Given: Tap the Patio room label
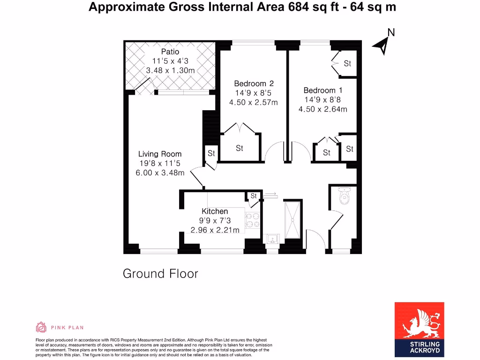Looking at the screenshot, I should click(x=170, y=52).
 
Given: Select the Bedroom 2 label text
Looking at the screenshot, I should click(x=254, y=83).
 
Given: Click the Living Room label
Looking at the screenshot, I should click(x=160, y=154).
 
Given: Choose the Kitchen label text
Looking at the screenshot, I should click(x=215, y=211).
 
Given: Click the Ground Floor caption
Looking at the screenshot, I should click(x=160, y=273).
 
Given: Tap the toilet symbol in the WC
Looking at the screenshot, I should click(x=345, y=197).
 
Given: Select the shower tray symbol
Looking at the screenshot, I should click(x=292, y=218).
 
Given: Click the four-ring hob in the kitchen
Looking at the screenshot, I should click(x=254, y=220).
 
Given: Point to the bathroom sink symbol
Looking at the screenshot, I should click(x=272, y=240).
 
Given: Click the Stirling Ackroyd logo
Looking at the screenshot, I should click(x=419, y=330).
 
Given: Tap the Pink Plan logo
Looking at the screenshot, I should click(x=60, y=327).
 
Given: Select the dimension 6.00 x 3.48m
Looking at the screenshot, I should click(x=160, y=172).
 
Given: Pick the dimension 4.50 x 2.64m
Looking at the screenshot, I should click(x=322, y=109).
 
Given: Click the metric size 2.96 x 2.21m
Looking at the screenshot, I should click(x=215, y=230).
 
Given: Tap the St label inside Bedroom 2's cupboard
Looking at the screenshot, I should click(x=240, y=149).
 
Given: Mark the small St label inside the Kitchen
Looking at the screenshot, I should click(x=254, y=196).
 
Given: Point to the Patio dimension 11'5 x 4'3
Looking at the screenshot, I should click(x=170, y=61).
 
